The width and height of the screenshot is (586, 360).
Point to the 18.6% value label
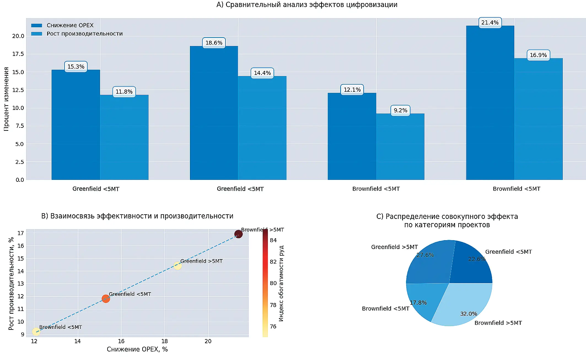coord(214,43)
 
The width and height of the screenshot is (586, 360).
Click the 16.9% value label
coord(538,55)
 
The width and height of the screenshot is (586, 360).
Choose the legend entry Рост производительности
coord(84,34)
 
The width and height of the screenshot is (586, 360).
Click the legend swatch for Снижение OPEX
coord(37,25)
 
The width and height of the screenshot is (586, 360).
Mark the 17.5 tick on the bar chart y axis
coord(18,54)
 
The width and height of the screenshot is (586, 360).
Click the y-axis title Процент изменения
coord(6,99)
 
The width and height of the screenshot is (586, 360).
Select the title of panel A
coord(307,5)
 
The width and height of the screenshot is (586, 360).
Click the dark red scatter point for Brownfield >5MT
coord(238,234)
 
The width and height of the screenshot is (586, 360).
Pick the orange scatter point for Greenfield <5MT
coord(106,299)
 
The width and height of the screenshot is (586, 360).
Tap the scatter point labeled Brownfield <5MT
coord(36,332)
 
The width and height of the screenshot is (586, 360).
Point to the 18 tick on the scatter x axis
coord(165,341)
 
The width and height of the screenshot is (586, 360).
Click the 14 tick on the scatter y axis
coord(21,271)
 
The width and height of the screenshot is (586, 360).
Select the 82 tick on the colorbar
coord(273,262)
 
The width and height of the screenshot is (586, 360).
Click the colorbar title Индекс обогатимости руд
coord(281,283)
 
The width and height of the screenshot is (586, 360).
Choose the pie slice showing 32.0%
coord(466,306)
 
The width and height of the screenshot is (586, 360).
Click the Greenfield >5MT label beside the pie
coord(394,247)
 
